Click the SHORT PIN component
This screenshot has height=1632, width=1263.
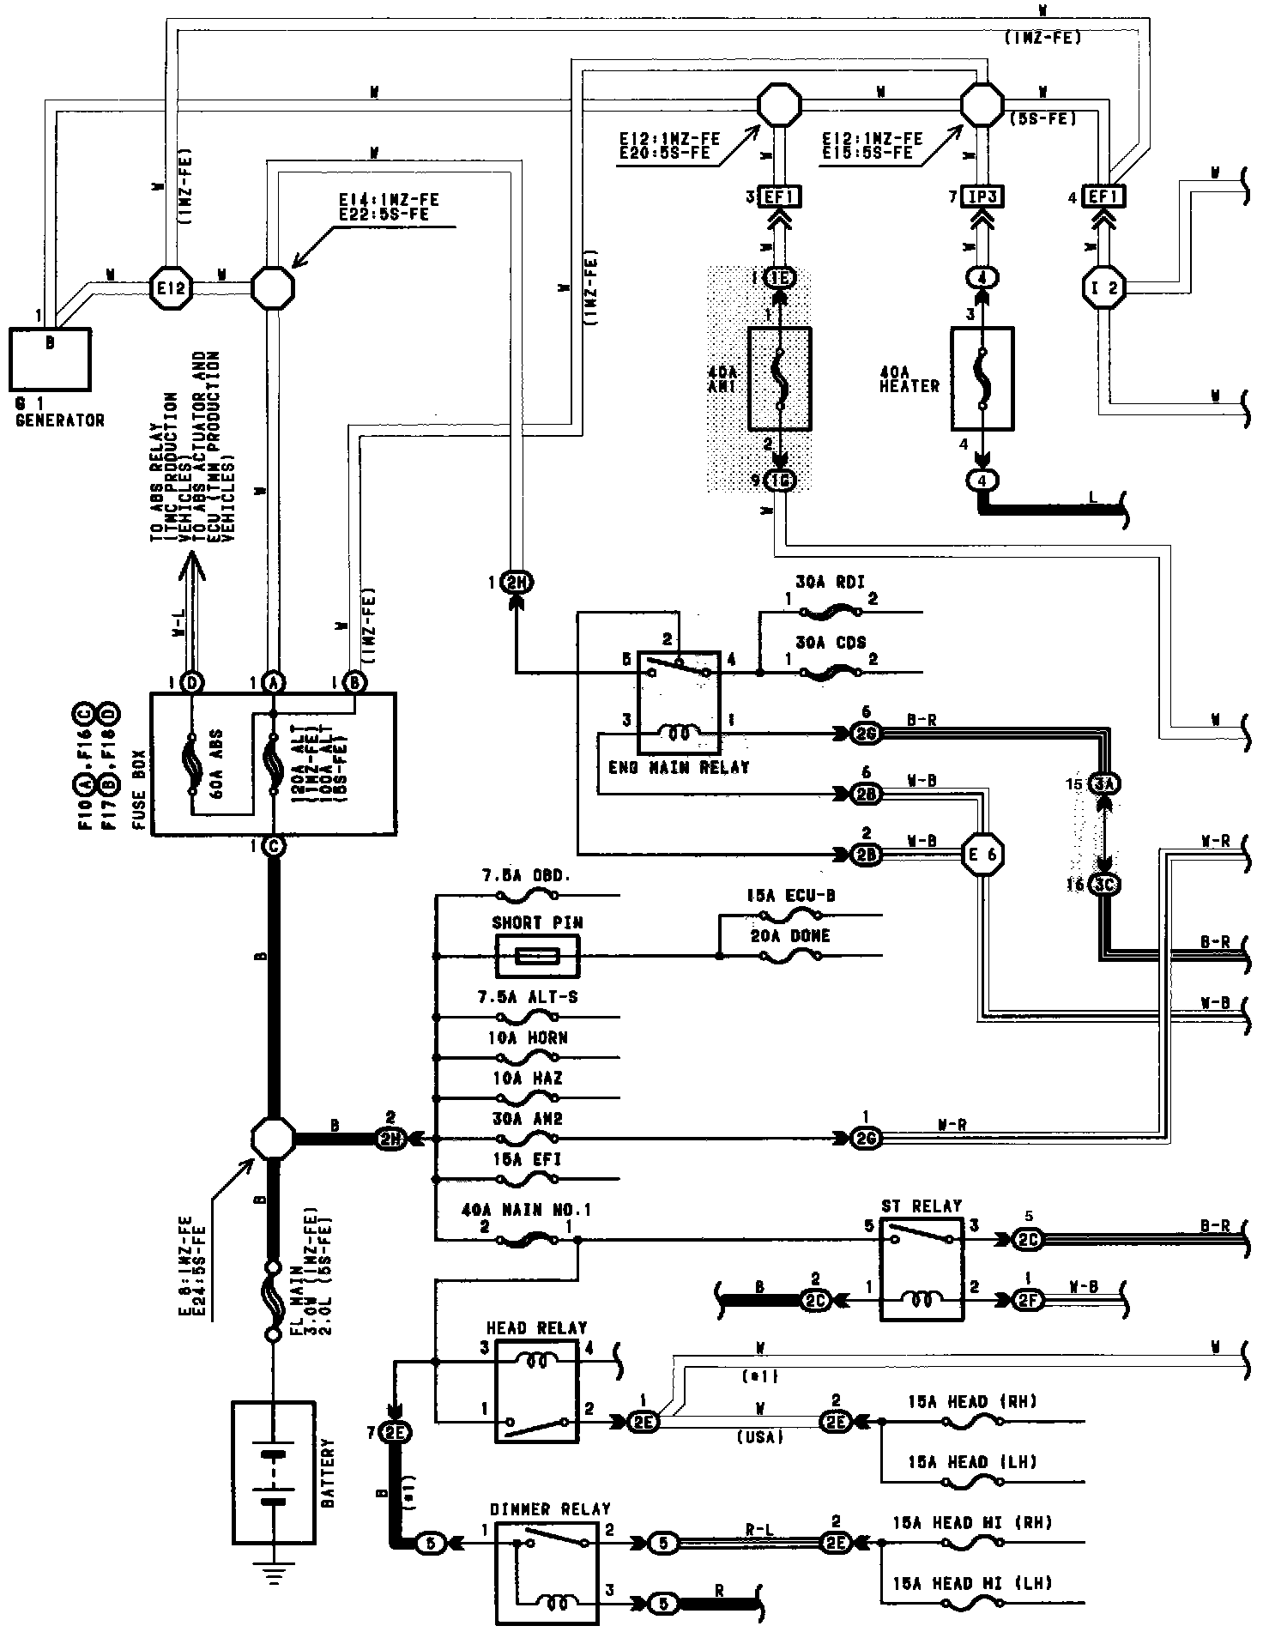(537, 955)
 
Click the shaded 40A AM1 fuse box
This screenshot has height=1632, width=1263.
(779, 378)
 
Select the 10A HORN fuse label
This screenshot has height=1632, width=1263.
(529, 1037)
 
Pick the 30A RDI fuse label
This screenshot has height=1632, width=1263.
(831, 592)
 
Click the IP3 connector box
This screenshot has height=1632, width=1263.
(983, 196)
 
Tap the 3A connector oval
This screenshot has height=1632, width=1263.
(1105, 784)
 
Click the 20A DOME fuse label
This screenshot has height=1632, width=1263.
(789, 936)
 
